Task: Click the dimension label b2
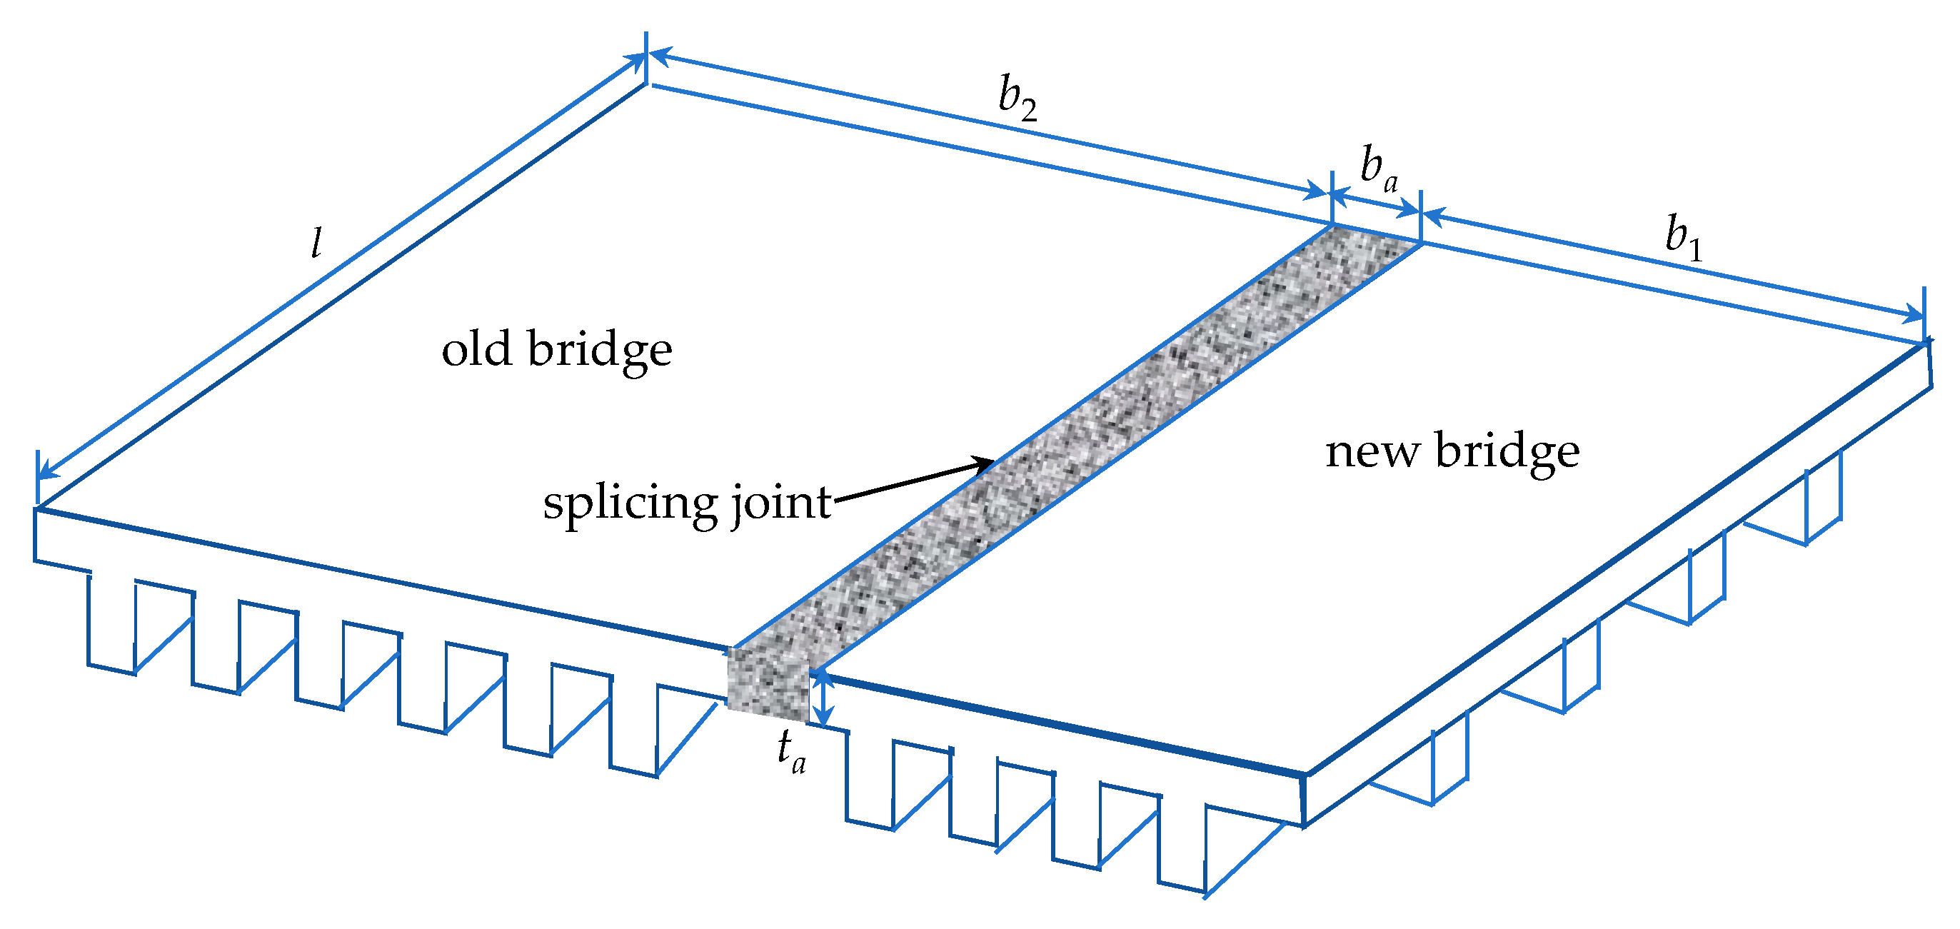click(1017, 99)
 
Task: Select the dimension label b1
click(1682, 236)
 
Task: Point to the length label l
click(316, 243)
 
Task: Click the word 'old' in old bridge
click(476, 350)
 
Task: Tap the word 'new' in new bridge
click(1371, 452)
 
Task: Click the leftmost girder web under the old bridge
click(112, 623)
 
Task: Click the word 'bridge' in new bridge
click(1507, 452)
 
